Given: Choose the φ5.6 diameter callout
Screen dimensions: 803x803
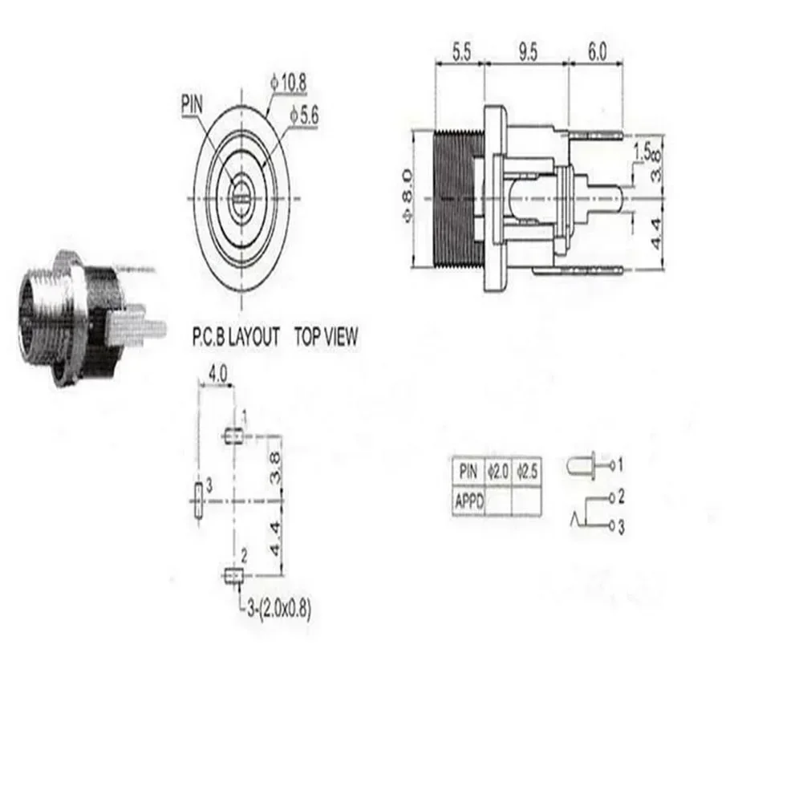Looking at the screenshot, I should [306, 116].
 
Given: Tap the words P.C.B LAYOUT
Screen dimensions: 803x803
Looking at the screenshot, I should [235, 337].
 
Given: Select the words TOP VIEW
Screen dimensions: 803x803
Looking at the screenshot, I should [326, 337].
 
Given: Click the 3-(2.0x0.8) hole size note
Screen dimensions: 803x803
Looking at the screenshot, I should [276, 608].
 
